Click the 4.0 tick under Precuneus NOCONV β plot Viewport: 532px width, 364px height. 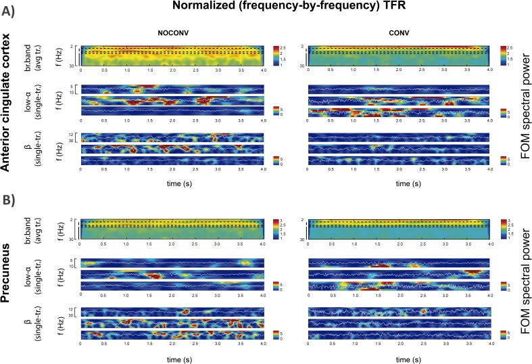click(x=263, y=344)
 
